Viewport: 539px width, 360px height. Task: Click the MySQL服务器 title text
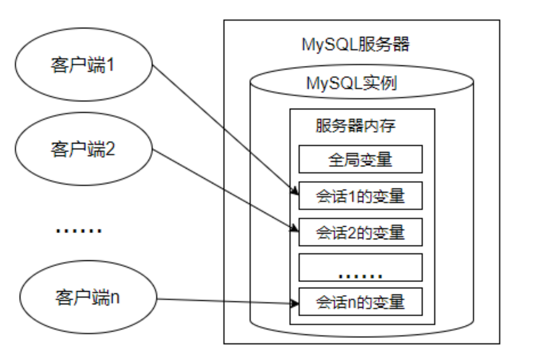(x=356, y=44)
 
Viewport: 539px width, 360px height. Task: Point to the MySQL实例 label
(x=352, y=83)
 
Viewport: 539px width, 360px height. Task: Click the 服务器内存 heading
(x=356, y=126)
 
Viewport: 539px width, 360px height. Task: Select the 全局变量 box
(x=360, y=159)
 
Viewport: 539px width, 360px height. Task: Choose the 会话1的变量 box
(x=360, y=196)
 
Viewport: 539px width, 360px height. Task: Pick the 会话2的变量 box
(x=360, y=232)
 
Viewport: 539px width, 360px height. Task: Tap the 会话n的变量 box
(x=360, y=302)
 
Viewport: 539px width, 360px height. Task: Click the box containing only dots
(x=360, y=268)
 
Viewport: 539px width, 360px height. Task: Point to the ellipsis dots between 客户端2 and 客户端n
(x=79, y=230)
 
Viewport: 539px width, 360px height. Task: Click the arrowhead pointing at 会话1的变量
(x=295, y=191)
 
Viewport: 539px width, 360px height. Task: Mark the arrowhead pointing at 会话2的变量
(x=294, y=228)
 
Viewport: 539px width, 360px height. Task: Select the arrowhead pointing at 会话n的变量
(x=295, y=303)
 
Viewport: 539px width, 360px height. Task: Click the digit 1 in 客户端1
(x=110, y=64)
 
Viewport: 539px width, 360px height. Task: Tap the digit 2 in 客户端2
(x=110, y=149)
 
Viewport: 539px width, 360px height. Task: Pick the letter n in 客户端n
(x=115, y=298)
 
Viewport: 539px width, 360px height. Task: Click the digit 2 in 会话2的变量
(x=352, y=233)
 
